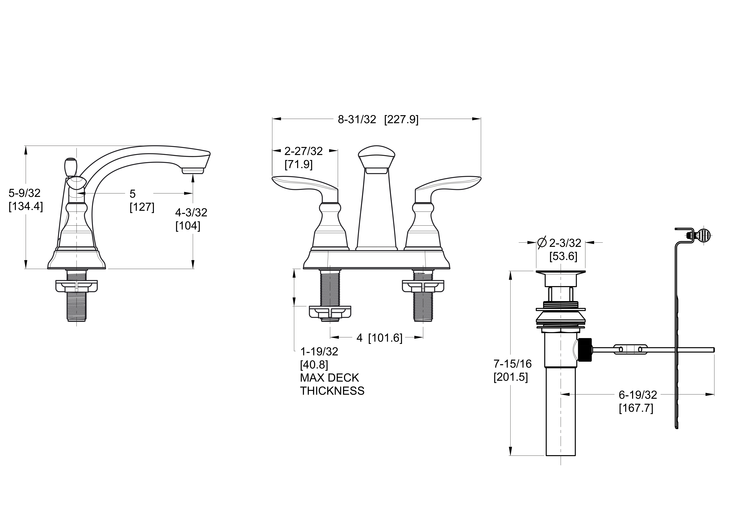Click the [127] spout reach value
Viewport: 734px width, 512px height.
[142, 207]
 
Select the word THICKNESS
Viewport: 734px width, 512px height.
[332, 391]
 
